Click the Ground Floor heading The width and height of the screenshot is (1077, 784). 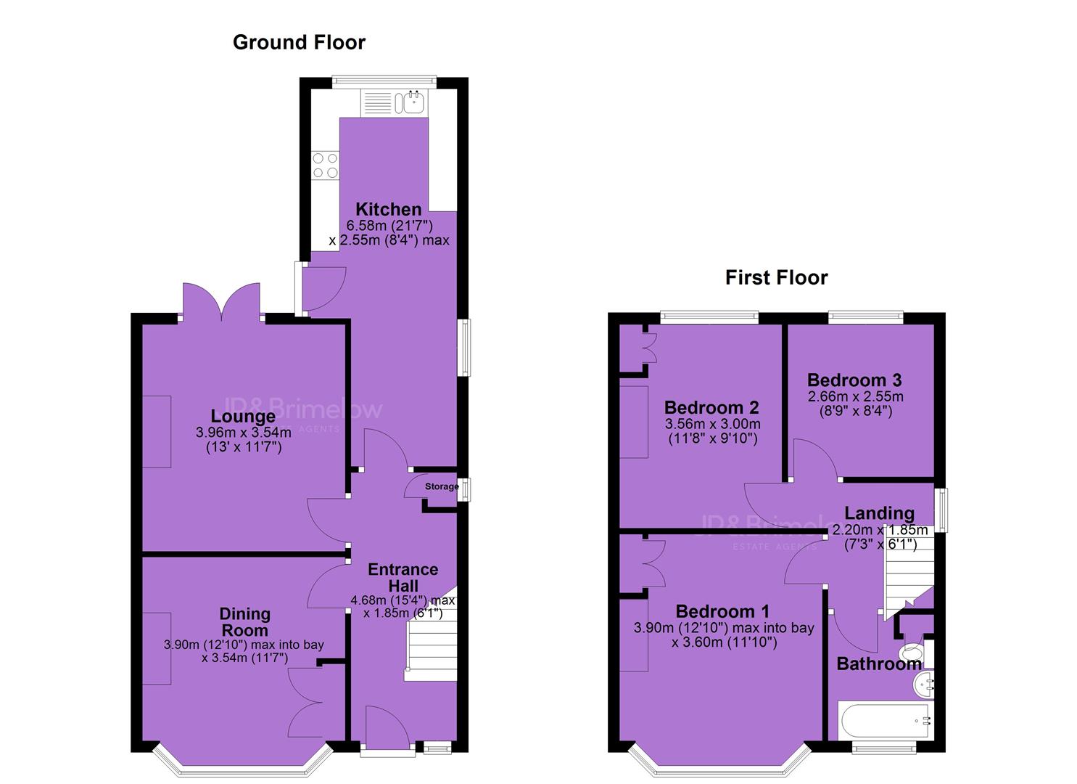(299, 42)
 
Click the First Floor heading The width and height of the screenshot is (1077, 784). (777, 278)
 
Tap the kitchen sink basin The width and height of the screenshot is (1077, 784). (413, 102)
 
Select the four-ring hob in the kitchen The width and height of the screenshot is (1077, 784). (326, 166)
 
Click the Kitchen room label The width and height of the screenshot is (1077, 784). (389, 209)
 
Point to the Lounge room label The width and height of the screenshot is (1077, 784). (243, 416)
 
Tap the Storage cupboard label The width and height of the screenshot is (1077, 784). (442, 486)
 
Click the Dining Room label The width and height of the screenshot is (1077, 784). (244, 622)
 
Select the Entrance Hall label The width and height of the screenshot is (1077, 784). (403, 578)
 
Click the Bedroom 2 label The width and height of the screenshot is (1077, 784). (711, 408)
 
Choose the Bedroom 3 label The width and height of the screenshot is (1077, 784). (854, 380)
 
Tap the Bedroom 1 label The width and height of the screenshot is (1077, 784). (722, 612)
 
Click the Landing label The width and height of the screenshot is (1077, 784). (880, 513)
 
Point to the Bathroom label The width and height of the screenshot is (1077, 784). (879, 664)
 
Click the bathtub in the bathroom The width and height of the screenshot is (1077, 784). (886, 720)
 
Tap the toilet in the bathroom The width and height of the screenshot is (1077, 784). (916, 652)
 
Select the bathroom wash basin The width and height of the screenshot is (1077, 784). (924, 685)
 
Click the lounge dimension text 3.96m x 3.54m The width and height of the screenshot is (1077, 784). (243, 433)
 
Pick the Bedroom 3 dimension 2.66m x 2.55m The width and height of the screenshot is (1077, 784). (855, 396)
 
